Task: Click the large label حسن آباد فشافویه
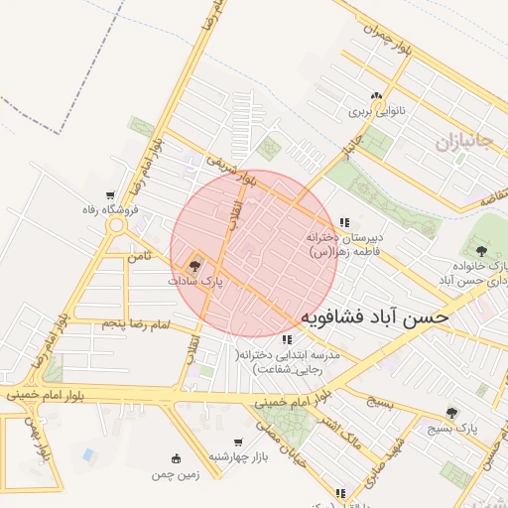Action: [374, 317]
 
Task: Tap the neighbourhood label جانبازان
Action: [463, 141]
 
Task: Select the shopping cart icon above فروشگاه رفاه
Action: [109, 194]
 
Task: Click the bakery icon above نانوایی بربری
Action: [375, 97]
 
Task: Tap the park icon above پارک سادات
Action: [194, 265]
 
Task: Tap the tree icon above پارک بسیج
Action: [453, 412]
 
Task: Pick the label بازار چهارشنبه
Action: [237, 456]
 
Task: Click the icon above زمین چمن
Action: [177, 458]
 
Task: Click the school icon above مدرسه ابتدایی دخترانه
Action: [287, 340]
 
